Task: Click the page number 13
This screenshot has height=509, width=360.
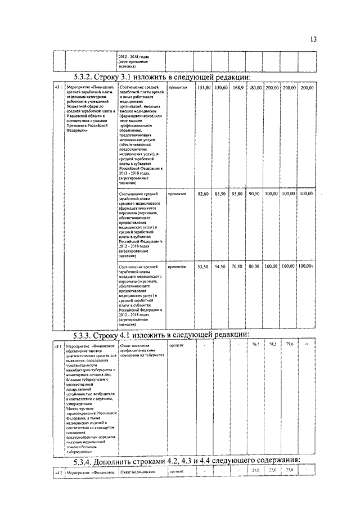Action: click(313, 39)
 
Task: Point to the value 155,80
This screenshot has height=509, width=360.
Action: click(204, 88)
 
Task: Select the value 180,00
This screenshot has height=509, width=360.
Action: click(255, 88)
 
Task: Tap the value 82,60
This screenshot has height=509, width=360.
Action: click(204, 193)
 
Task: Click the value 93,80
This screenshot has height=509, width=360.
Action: click(237, 193)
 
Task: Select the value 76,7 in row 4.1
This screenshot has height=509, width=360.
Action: click(255, 344)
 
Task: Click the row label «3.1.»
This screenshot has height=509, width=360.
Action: click(58, 88)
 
